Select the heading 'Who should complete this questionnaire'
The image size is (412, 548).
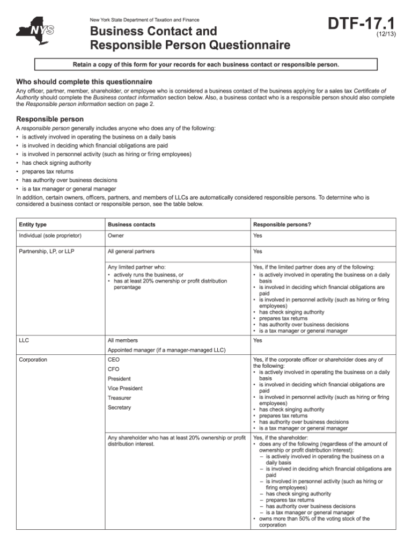[x=84, y=82]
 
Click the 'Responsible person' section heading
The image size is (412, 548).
[x=50, y=119]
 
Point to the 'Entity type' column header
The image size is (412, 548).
[x=33, y=224]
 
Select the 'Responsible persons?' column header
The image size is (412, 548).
[x=282, y=224]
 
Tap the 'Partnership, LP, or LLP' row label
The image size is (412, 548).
[x=47, y=251]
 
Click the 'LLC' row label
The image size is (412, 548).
[x=24, y=340]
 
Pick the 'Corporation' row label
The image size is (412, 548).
[x=33, y=359]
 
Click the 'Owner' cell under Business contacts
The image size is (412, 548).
[x=116, y=236]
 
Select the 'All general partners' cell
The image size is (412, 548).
[x=131, y=251]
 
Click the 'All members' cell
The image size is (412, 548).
[x=123, y=340]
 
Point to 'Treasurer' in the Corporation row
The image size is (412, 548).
[x=119, y=398]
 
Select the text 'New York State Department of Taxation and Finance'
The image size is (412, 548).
[x=145, y=20]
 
